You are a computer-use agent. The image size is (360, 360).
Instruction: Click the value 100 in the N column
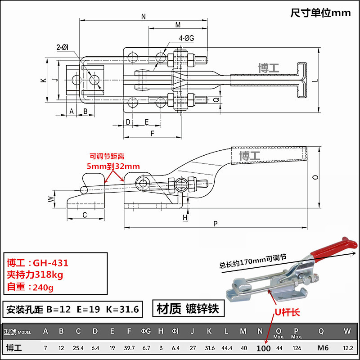tap(263, 347)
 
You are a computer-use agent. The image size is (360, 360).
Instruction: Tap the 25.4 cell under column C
tap(78, 347)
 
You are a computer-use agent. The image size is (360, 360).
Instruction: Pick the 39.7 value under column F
tap(129, 347)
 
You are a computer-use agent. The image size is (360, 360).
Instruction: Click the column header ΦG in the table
tap(146, 332)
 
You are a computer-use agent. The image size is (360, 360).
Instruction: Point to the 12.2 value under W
tap(347, 347)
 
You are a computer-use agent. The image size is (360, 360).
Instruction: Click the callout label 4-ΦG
tap(186, 39)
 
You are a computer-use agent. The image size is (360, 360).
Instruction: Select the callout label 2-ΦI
tap(62, 47)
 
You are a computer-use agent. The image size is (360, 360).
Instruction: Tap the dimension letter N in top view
tap(144, 17)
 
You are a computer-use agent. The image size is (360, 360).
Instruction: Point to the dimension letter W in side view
tap(51, 198)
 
